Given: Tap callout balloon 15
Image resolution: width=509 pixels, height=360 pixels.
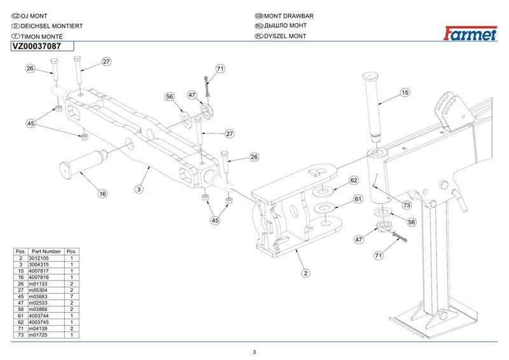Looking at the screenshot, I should [405, 93].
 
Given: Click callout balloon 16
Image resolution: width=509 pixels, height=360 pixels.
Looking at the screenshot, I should [102, 193].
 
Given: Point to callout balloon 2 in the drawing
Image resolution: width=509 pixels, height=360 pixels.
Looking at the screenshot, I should [305, 273].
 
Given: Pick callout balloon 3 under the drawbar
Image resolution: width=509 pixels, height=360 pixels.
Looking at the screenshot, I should [139, 189].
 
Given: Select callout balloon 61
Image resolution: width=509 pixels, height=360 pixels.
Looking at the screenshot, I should [358, 200].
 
